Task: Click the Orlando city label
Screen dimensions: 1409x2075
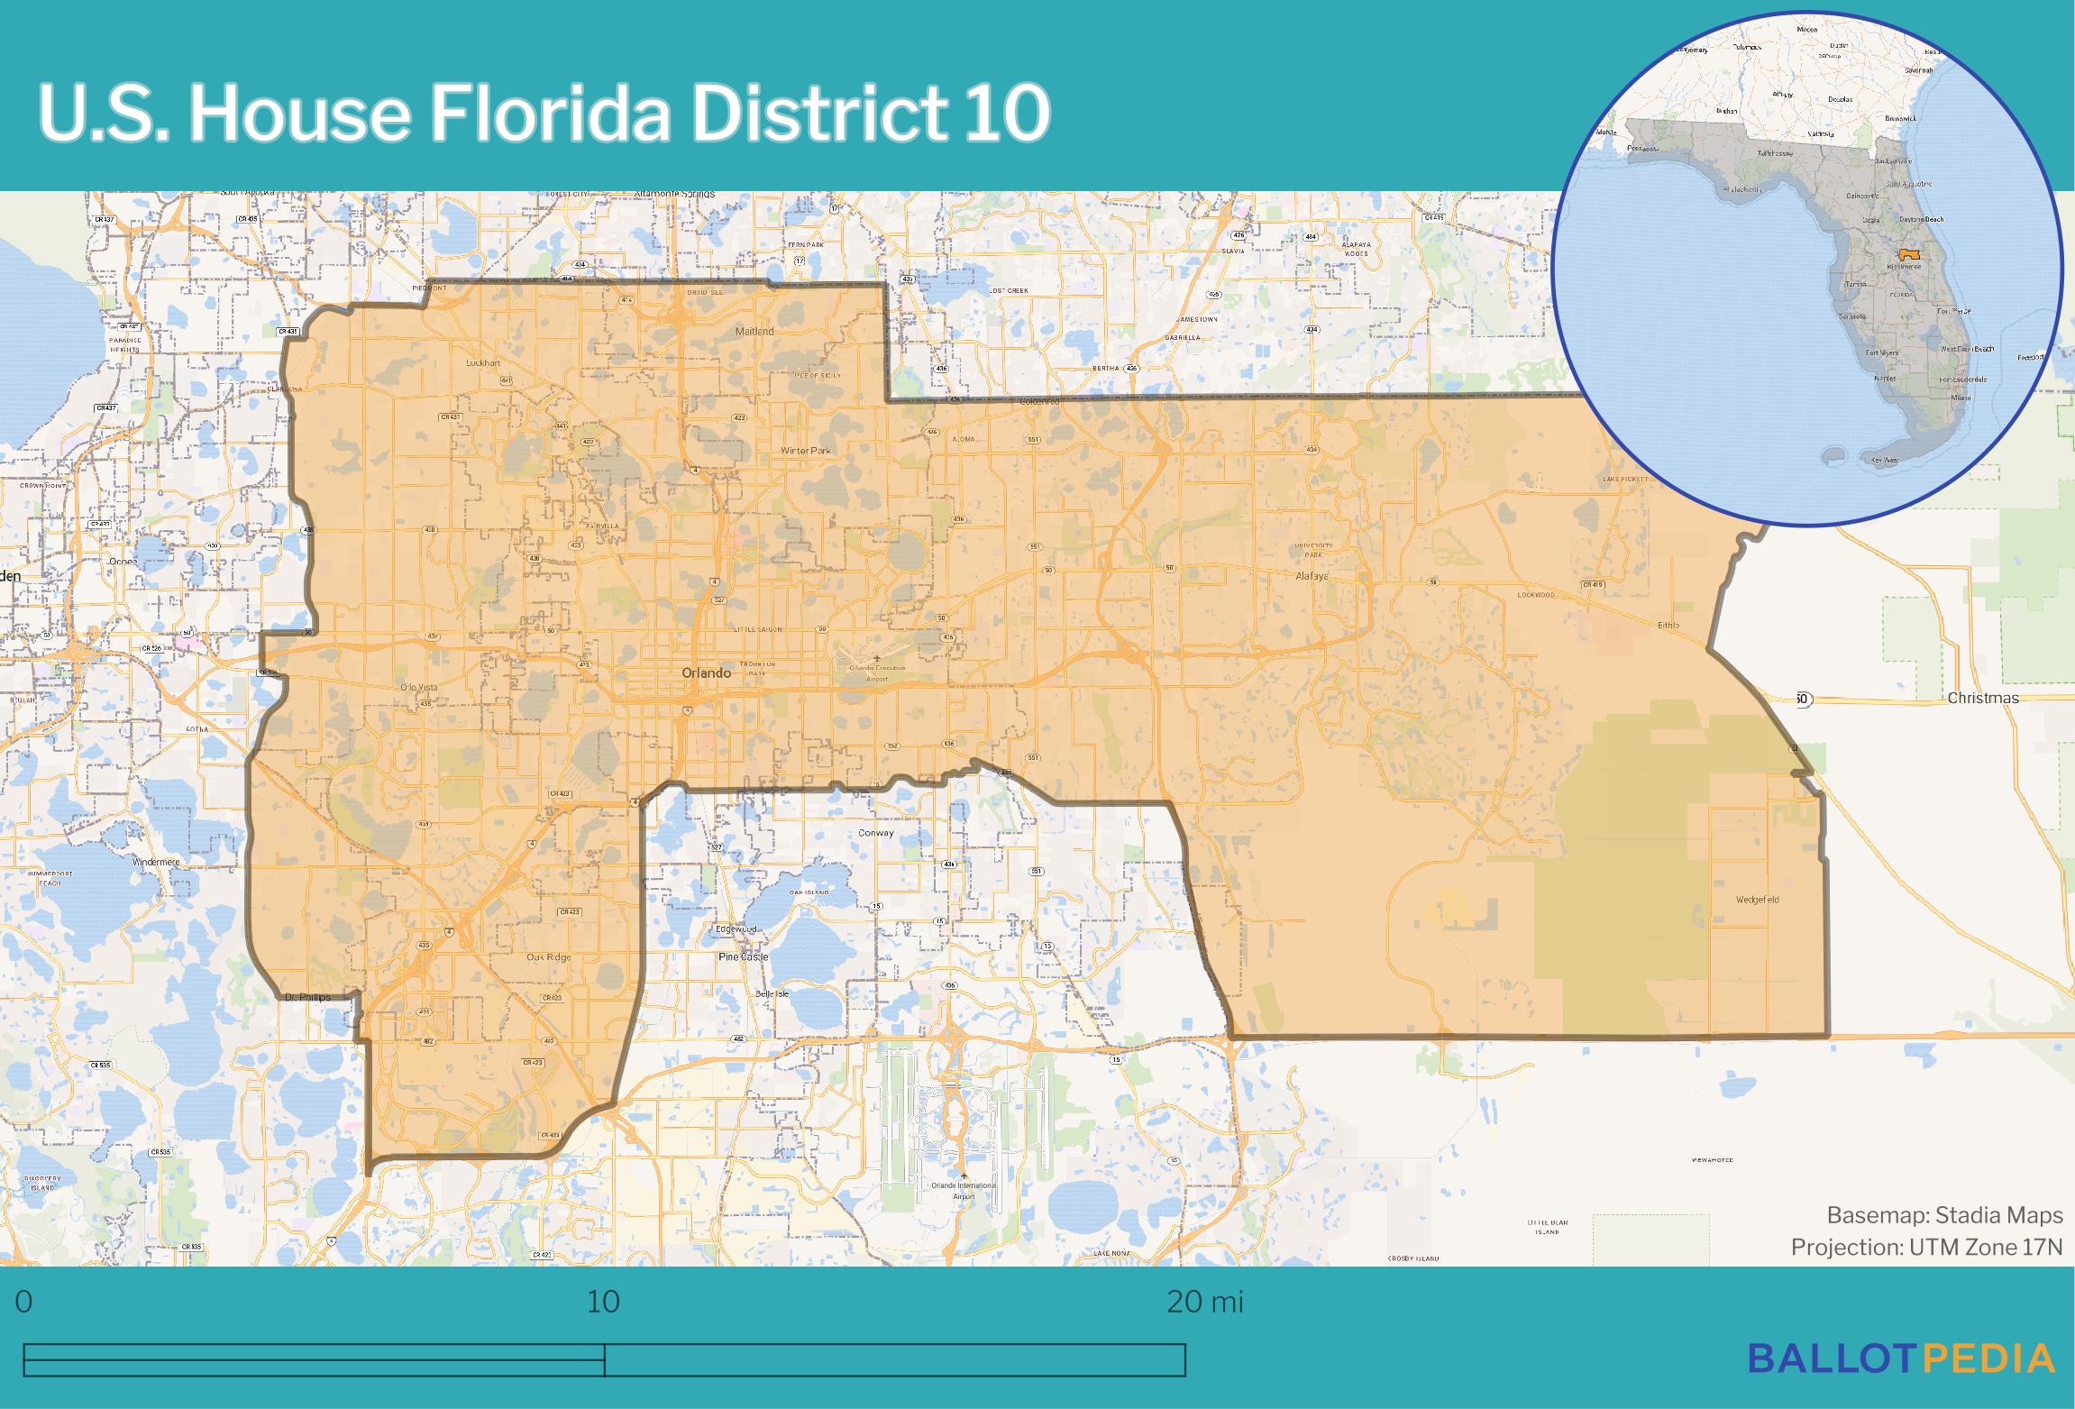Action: click(x=706, y=672)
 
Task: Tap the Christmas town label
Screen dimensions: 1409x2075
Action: click(x=1982, y=698)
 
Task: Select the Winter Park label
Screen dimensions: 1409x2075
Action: click(x=805, y=450)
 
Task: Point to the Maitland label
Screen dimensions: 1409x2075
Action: click(x=754, y=331)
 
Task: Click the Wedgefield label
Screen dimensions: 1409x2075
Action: click(x=1757, y=900)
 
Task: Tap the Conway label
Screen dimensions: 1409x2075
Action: click(x=876, y=833)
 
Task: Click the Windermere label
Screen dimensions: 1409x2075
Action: click(x=156, y=862)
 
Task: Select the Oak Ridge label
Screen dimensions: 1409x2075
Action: click(x=549, y=957)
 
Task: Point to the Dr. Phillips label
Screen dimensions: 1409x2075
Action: click(x=307, y=998)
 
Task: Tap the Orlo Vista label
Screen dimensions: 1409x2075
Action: click(x=418, y=688)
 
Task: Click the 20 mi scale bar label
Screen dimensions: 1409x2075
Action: click(x=1204, y=1302)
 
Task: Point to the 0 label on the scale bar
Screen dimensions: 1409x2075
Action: click(x=24, y=1302)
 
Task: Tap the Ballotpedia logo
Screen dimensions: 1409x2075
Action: click(x=1902, y=1358)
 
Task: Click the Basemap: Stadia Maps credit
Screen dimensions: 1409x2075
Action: click(x=1944, y=1215)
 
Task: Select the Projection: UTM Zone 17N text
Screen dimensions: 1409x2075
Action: click(x=1926, y=1248)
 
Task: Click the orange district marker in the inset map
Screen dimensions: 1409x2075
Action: click(x=1909, y=255)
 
